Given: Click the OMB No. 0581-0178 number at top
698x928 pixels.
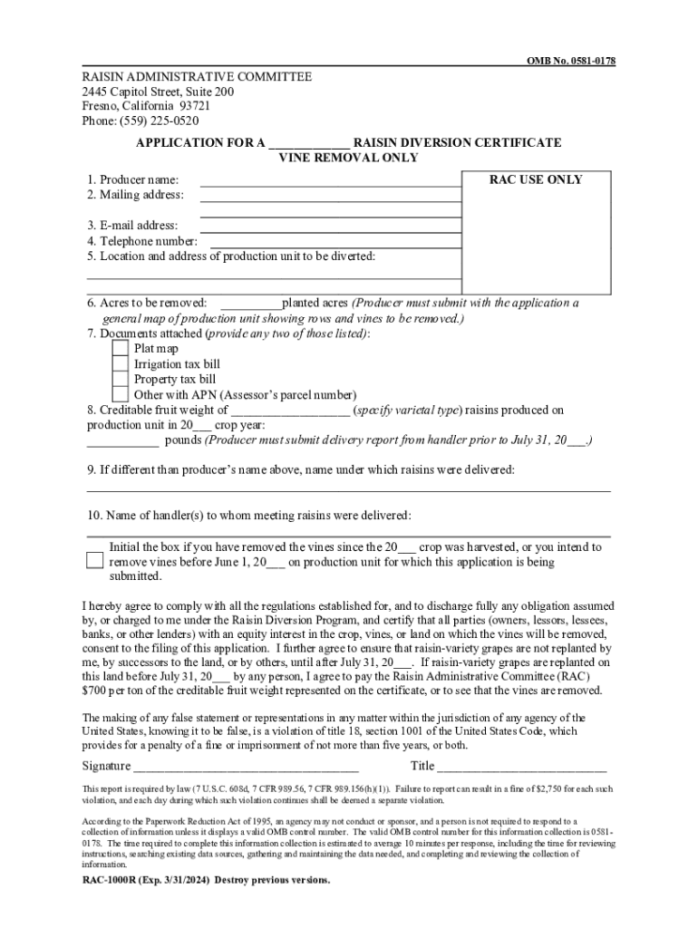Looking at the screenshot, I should [572, 61].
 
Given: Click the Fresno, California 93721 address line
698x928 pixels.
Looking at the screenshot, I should [139, 106].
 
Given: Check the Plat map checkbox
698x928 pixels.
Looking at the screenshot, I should [120, 348].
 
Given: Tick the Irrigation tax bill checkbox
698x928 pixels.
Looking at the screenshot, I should [120, 363].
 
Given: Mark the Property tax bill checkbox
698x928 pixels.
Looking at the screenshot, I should [120, 379].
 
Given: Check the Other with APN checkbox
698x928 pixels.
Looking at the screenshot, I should [120, 394].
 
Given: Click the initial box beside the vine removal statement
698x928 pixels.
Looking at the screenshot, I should [95, 560].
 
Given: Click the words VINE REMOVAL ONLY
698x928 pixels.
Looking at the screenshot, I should [347, 158].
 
